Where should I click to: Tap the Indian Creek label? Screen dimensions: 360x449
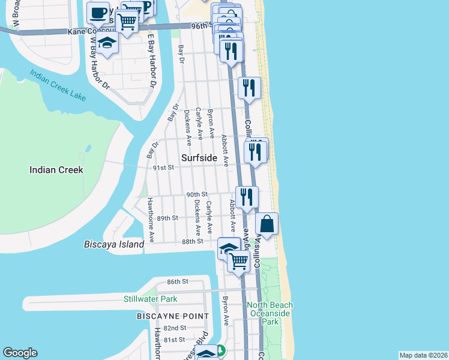(x=56, y=170)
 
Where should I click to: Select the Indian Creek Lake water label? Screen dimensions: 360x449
(x=58, y=86)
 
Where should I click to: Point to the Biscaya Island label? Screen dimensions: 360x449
(x=114, y=244)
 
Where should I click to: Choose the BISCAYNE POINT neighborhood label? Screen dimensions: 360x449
(x=173, y=316)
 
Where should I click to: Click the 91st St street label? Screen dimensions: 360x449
(x=163, y=167)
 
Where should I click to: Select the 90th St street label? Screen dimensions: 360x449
(x=196, y=194)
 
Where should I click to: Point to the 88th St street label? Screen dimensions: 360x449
(x=193, y=241)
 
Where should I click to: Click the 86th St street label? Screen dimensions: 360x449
(x=178, y=281)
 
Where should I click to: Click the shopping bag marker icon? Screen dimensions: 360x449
(x=267, y=225)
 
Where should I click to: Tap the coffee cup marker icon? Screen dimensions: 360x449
(x=98, y=11)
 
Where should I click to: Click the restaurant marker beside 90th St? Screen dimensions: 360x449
(x=247, y=197)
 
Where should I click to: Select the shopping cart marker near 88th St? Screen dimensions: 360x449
(x=239, y=261)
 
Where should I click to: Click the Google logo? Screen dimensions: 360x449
(x=20, y=353)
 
